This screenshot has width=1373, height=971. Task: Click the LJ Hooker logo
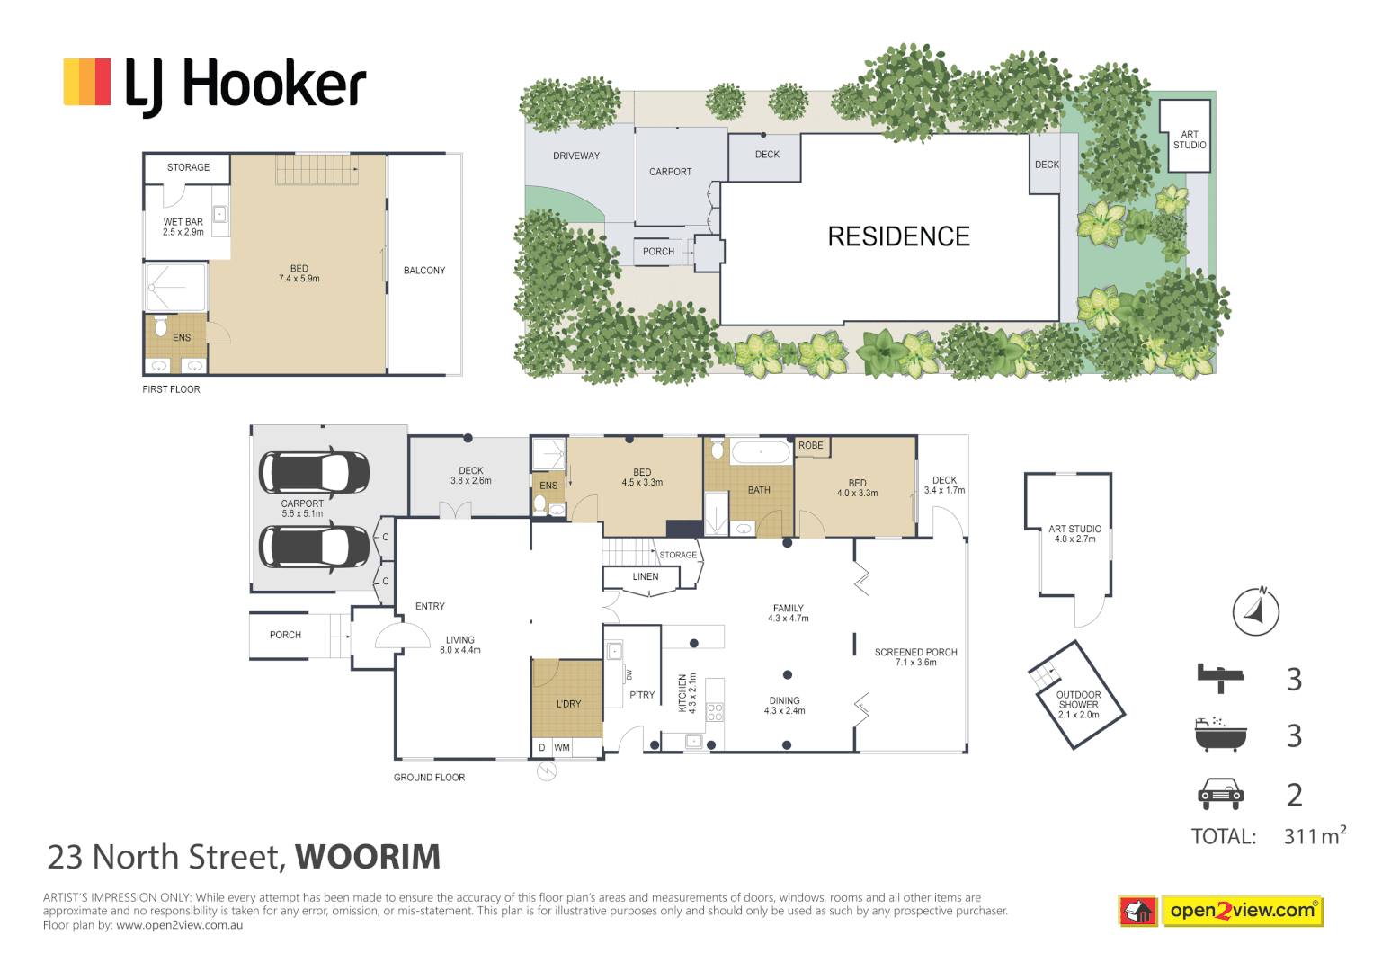tap(214, 85)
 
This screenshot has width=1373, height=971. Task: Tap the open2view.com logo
tap(1220, 911)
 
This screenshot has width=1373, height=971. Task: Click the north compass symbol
tap(1255, 611)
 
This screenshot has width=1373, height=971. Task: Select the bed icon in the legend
tap(1220, 677)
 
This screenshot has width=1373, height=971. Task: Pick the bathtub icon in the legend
tap(1220, 735)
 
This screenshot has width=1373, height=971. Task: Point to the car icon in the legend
tap(1220, 794)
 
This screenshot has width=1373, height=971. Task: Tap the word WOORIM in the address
tap(368, 857)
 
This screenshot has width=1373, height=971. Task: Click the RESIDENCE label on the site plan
tap(898, 236)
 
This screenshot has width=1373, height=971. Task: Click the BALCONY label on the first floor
tap(424, 271)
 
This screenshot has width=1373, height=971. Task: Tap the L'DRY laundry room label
tap(568, 704)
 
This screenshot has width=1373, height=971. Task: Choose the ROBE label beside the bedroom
tap(810, 446)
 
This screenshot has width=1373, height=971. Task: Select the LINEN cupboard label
tap(645, 577)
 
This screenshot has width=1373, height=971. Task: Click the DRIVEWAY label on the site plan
tap(575, 156)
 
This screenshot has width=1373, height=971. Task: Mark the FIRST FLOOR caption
tap(171, 389)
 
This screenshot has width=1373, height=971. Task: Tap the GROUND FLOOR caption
tap(429, 778)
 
